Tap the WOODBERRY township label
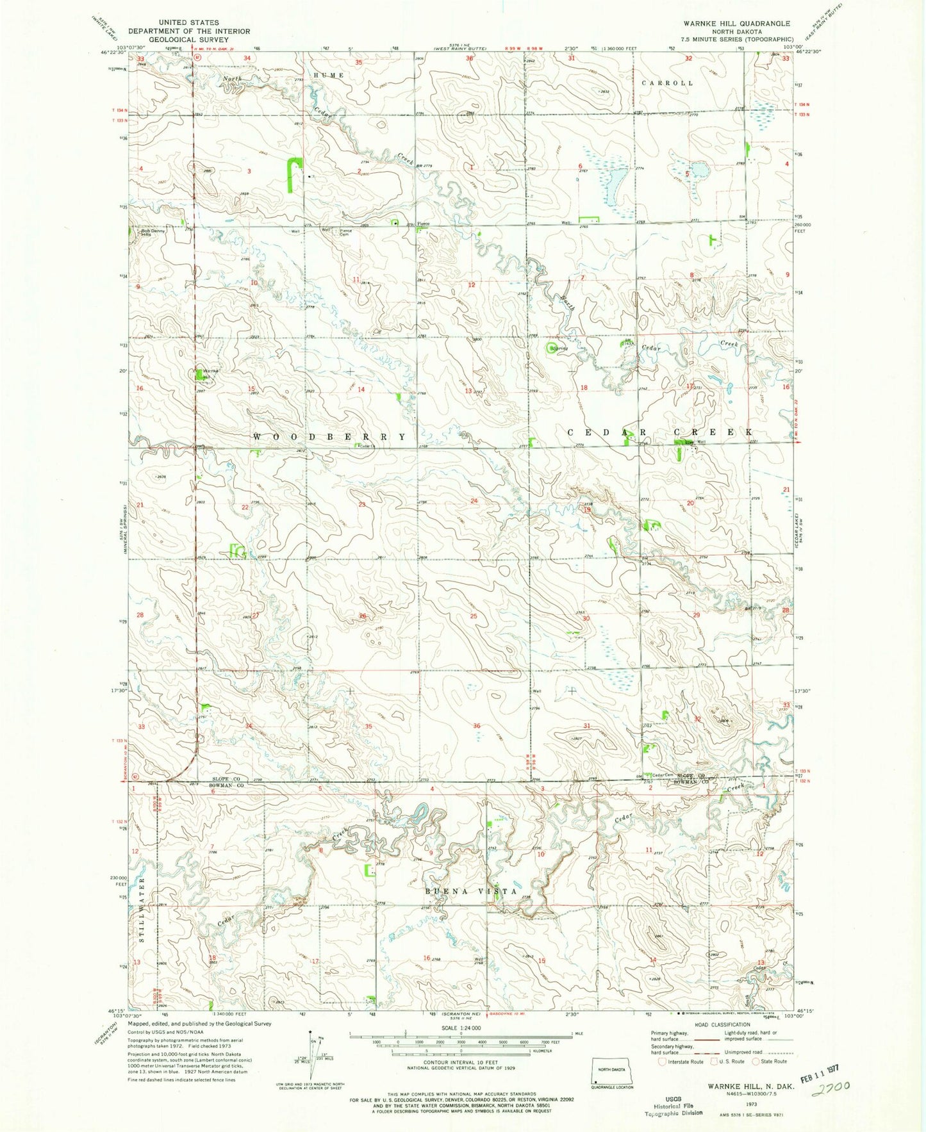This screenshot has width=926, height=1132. tap(329, 436)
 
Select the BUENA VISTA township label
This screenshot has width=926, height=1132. tap(462, 892)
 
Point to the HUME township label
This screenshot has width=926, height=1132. tap(329, 76)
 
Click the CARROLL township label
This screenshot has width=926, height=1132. tap(667, 83)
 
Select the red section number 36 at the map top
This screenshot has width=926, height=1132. tap(470, 59)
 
